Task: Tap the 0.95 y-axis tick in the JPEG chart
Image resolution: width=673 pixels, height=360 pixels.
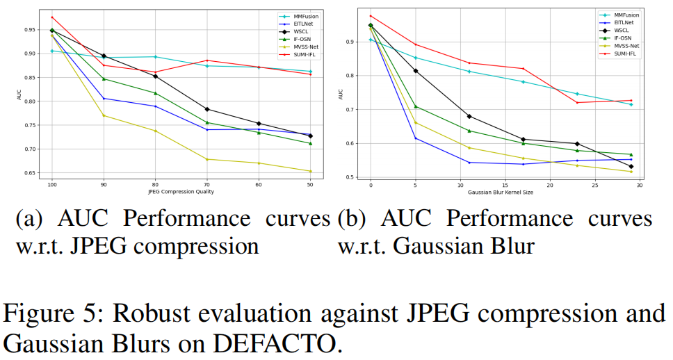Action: tap(31, 30)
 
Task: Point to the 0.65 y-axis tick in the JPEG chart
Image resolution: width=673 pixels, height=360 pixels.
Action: tap(31, 173)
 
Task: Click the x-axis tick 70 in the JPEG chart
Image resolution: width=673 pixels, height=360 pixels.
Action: tap(207, 185)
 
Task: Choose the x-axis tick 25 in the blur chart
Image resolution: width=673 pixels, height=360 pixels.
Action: tap(594, 185)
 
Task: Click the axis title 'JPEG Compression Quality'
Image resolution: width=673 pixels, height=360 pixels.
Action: tap(181, 192)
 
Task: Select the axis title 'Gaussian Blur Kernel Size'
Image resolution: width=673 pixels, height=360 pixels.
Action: tap(501, 192)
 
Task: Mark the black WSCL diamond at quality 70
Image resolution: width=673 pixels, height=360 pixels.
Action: tap(207, 109)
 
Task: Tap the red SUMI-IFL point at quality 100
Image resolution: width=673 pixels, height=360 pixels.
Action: tap(52, 17)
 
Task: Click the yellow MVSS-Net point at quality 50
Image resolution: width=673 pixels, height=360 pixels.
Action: tap(310, 171)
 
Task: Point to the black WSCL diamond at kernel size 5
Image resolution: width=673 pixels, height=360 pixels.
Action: tap(416, 71)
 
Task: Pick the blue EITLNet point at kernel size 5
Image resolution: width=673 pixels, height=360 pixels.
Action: tap(416, 138)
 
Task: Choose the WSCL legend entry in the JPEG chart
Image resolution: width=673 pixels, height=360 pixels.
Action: tap(291, 31)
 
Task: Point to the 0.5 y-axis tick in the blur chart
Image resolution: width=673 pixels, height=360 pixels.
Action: tap(350, 177)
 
